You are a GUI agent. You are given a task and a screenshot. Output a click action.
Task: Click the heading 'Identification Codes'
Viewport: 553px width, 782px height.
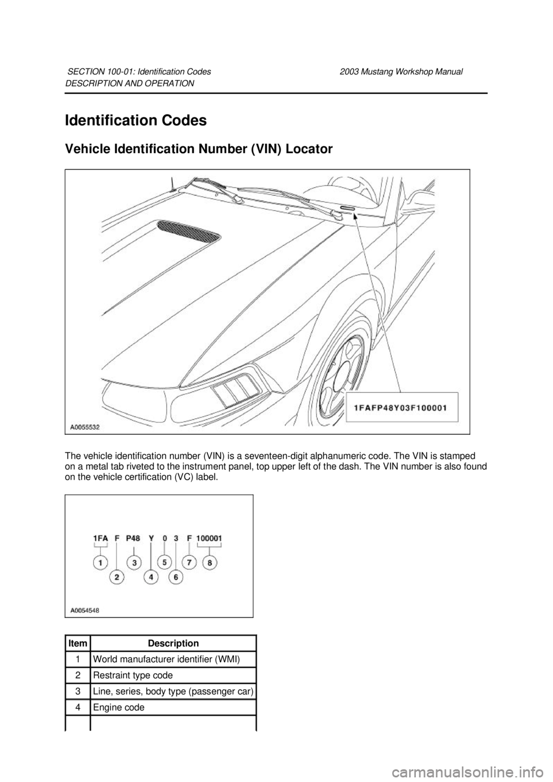click(x=136, y=121)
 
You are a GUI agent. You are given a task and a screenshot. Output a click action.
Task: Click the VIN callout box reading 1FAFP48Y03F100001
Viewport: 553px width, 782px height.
click(x=401, y=407)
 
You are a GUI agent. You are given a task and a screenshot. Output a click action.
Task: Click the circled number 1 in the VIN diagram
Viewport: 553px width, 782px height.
click(x=101, y=562)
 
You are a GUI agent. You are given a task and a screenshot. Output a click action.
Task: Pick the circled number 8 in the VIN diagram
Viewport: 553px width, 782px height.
click(x=209, y=562)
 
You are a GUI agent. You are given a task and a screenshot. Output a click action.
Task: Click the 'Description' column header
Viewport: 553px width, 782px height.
click(x=173, y=643)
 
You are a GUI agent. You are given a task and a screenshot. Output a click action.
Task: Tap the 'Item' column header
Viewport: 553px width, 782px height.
click(x=78, y=643)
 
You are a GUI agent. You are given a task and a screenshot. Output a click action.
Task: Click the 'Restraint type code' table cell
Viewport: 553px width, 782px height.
click(x=132, y=675)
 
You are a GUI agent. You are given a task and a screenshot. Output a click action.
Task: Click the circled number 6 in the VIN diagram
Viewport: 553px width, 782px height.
click(x=176, y=576)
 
